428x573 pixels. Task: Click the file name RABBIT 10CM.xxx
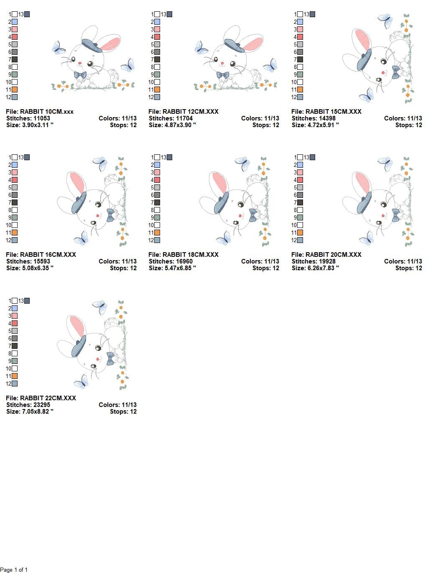[40, 112]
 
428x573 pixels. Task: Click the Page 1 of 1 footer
[14, 570]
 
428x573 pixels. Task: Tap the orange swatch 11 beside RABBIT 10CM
[15, 90]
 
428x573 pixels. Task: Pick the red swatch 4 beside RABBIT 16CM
[15, 180]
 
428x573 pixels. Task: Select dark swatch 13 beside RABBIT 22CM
[27, 301]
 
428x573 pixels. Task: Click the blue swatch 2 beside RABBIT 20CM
[300, 165]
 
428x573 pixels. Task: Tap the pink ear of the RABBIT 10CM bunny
[110, 43]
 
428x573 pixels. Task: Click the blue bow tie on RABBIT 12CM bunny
[223, 75]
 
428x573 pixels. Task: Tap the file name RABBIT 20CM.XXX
[326, 255]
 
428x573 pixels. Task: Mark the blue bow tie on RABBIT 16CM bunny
[110, 215]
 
